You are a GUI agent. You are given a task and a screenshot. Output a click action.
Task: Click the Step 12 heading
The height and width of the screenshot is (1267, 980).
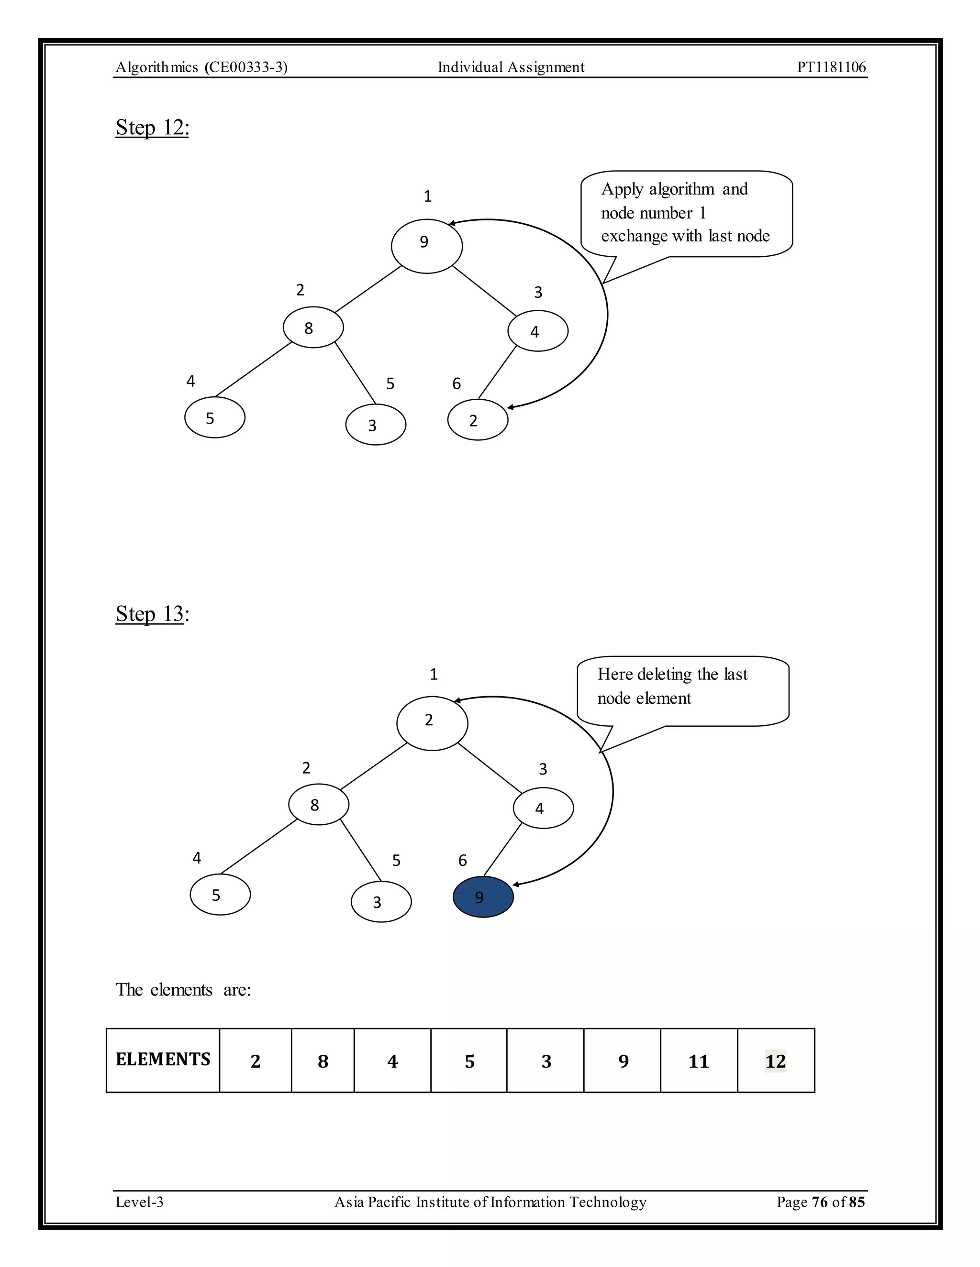coord(152,128)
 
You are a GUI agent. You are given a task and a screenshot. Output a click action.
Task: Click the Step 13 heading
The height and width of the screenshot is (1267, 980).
coord(152,614)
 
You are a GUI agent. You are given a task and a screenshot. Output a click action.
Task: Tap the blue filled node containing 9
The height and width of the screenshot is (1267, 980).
coord(483,897)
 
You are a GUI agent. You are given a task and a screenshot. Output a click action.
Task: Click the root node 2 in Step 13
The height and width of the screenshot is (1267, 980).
coord(432,723)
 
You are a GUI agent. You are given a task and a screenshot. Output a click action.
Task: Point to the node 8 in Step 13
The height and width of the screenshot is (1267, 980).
coord(319,804)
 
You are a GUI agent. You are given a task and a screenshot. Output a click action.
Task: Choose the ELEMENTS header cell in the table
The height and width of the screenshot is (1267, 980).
coord(163,1060)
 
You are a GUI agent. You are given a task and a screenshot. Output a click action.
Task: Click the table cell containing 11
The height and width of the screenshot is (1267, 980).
coord(699,1061)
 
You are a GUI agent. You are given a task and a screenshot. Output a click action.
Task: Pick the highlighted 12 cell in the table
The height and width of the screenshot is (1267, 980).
coord(776,1061)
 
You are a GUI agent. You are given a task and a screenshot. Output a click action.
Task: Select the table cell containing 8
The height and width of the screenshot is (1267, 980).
coord(323,1061)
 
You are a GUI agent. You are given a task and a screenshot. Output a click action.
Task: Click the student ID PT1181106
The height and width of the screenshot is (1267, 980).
coord(831,67)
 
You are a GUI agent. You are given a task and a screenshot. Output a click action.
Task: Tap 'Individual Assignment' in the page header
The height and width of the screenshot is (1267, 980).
coord(511,67)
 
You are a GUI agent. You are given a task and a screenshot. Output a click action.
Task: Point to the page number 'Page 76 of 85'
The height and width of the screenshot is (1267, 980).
coord(820,1202)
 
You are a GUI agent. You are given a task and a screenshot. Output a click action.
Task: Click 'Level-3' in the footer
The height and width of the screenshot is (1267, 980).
coord(139,1202)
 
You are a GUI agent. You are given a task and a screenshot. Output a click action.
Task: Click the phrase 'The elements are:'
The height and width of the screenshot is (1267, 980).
coord(183,990)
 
